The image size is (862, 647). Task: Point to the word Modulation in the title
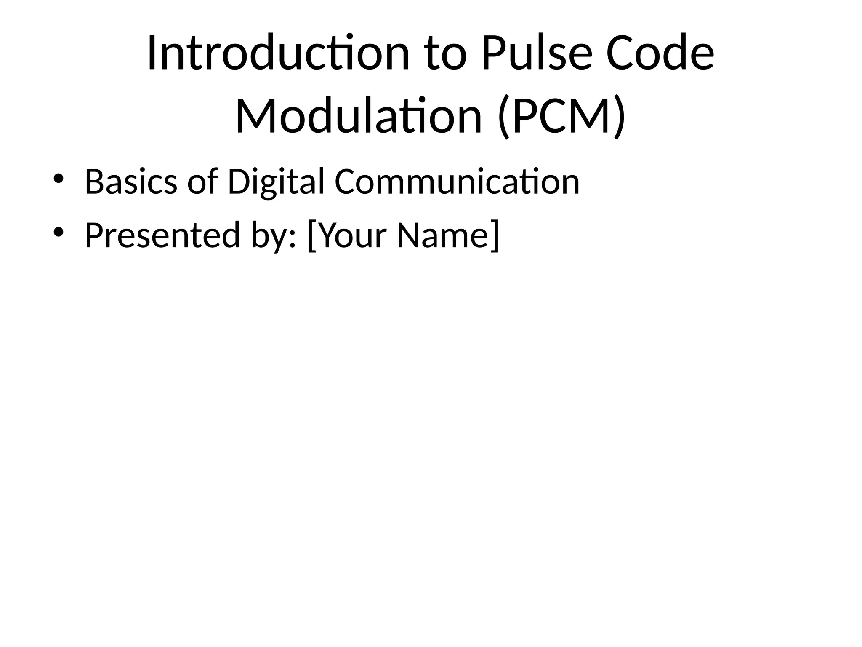coord(358,115)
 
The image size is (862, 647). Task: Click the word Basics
coord(130,182)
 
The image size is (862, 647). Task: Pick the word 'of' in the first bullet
coord(202,182)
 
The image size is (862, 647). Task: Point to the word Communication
coord(457,182)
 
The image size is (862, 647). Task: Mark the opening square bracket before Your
coord(312,236)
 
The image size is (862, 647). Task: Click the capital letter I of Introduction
coord(152,53)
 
